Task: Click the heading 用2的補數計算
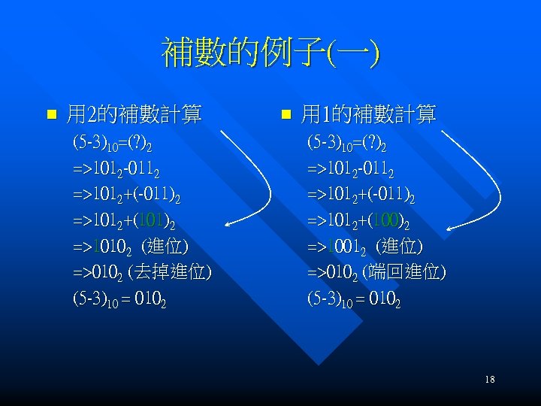coord(134,115)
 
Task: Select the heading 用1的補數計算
coord(368,115)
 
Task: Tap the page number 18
coord(490,380)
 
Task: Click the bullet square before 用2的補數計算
coord(51,116)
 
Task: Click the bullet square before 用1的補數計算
coord(286,116)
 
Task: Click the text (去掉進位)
coord(169,271)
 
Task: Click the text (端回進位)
coord(403,271)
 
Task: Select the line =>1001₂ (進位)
coord(365,246)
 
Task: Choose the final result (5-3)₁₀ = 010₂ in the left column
coord(119,298)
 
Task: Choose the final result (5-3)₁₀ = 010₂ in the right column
coord(354,298)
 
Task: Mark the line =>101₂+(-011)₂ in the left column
coord(126,195)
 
